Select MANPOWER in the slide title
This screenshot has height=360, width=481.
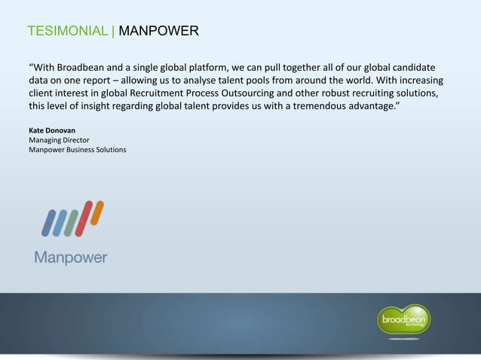click(x=159, y=32)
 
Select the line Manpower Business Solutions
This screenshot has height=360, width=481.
click(x=78, y=151)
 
